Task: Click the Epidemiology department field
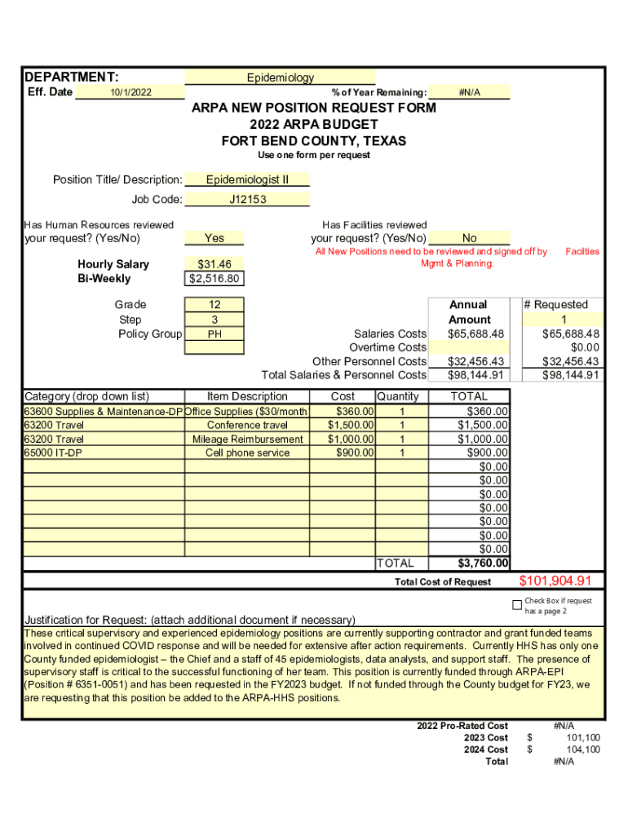point(280,77)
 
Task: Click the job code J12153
point(247,199)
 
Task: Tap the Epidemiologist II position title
point(247,179)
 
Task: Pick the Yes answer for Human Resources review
point(214,238)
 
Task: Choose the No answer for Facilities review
point(469,238)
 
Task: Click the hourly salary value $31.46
point(214,264)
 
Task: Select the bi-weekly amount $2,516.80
point(214,279)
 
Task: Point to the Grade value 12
point(214,304)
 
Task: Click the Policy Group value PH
point(214,334)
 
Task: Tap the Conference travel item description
point(247,425)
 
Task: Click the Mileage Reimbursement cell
point(247,439)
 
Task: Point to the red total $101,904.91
point(555,581)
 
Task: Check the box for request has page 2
point(516,605)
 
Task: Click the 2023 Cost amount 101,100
point(583,737)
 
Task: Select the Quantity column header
point(398,396)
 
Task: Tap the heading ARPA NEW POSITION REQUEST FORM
point(313,108)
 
